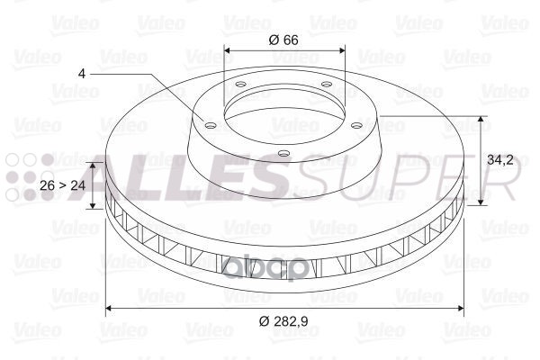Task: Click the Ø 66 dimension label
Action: pos(283,40)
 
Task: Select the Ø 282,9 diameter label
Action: pos(283,321)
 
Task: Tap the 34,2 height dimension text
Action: pos(500,160)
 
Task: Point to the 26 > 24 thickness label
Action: pos(62,185)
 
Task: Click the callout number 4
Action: pos(82,74)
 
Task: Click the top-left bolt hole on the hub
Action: pos(240,84)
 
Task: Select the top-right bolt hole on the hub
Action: pos(326,84)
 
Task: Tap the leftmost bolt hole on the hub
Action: pos(210,125)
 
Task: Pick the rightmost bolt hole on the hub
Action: pos(357,125)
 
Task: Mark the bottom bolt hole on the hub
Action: pos(283,153)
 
